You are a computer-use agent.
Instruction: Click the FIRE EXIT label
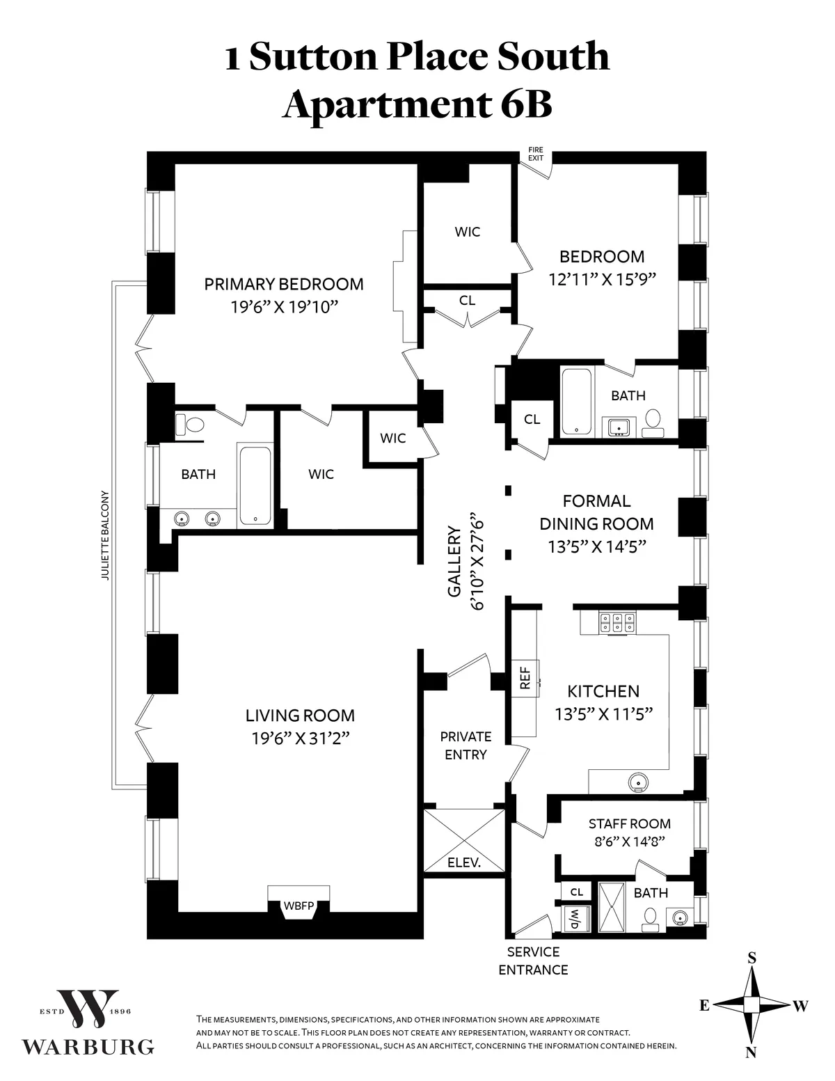tap(535, 154)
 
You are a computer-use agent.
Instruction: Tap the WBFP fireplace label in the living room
tap(299, 906)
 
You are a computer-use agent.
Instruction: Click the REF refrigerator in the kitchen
tap(525, 677)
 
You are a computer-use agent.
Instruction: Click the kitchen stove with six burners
tap(616, 622)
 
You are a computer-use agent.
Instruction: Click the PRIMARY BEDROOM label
tap(283, 284)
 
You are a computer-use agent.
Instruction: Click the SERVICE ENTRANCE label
tap(533, 961)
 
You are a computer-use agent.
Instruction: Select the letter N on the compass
tap(751, 1053)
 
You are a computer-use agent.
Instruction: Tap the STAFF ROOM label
tap(629, 823)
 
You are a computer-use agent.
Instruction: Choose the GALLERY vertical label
tap(454, 562)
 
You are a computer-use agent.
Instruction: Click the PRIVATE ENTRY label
tap(466, 745)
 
